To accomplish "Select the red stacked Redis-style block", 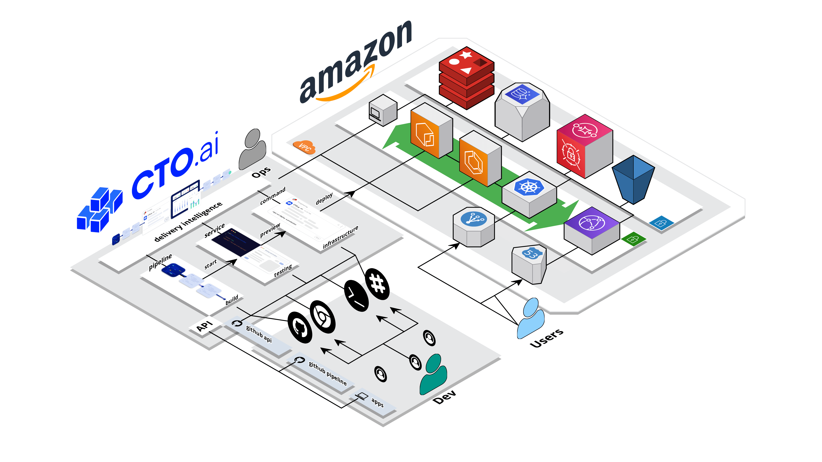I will (466, 78).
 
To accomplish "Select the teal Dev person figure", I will (433, 375).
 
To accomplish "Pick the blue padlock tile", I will (661, 222).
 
